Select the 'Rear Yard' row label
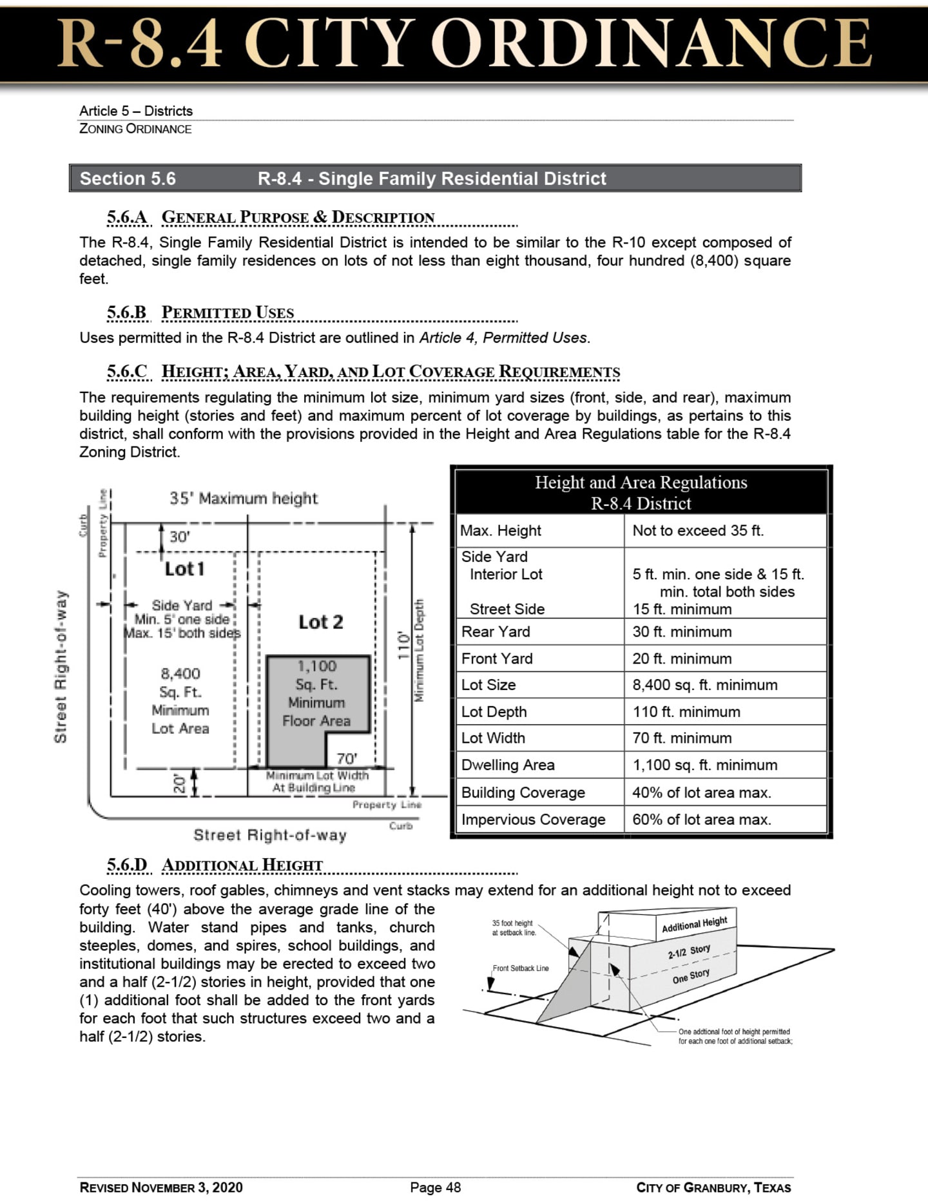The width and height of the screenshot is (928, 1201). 496,631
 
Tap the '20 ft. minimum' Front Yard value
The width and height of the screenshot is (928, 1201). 682,658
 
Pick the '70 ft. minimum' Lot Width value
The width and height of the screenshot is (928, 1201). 682,738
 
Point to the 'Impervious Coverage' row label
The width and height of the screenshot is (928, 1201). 533,820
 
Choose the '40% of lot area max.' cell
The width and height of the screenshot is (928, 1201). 701,793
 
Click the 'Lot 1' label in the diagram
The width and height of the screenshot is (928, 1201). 184,569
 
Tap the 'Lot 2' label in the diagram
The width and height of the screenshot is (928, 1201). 320,622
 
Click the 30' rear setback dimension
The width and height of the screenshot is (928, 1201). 179,537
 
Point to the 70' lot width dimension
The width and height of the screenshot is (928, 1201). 347,758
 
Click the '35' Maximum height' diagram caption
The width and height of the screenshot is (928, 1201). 244,498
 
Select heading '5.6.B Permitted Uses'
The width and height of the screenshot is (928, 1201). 200,313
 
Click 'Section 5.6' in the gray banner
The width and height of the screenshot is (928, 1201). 128,178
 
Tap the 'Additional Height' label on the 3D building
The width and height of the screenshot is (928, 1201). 694,924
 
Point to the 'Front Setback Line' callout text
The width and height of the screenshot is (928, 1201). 521,968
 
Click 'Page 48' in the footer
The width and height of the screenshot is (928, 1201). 436,1187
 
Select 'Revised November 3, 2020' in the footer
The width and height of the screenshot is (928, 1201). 161,1187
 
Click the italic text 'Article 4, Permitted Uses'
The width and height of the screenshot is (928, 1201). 503,338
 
